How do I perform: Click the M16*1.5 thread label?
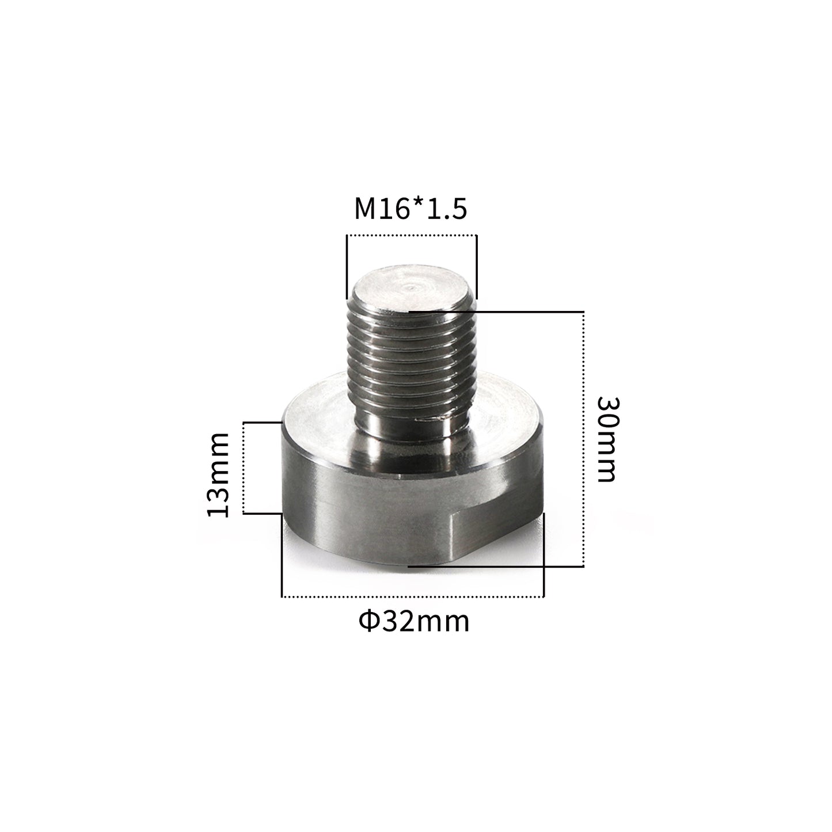click(x=410, y=210)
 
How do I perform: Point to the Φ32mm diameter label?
click(x=413, y=621)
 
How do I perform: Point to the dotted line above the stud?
click(x=411, y=235)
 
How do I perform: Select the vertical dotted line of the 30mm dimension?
click(x=584, y=438)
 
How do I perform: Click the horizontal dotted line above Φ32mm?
click(x=412, y=597)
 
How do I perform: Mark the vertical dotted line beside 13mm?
click(x=244, y=467)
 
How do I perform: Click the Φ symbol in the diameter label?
click(x=368, y=622)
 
